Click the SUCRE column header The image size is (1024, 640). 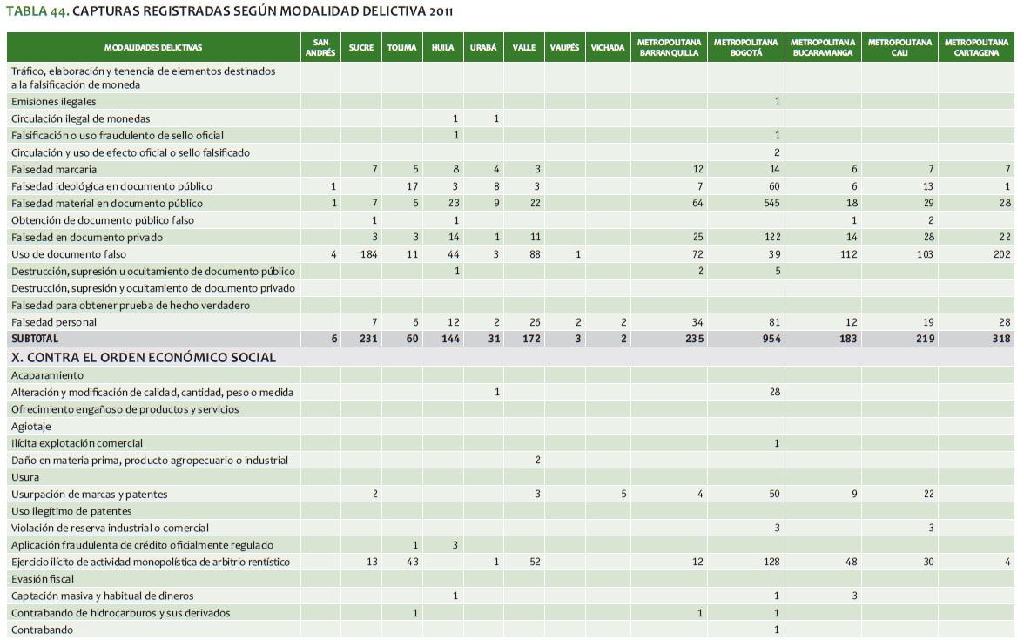pyautogui.click(x=360, y=48)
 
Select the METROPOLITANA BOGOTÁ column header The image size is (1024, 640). pyautogui.click(x=745, y=47)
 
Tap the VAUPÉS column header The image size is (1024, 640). pyautogui.click(x=564, y=48)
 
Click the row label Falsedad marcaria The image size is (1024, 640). pyautogui.click(x=54, y=169)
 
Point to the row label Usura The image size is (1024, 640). pyautogui.click(x=25, y=477)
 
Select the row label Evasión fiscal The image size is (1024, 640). pyautogui.click(x=43, y=579)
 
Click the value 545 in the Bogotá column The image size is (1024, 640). pyautogui.click(x=771, y=203)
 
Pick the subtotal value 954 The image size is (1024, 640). pyautogui.click(x=770, y=339)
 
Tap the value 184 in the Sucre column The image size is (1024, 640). pyautogui.click(x=367, y=254)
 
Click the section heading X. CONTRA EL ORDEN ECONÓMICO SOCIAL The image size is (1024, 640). pyautogui.click(x=144, y=357)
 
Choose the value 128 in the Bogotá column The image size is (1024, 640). pyautogui.click(x=771, y=562)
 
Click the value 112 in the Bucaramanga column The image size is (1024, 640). pyautogui.click(x=847, y=254)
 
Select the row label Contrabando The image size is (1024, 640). pyautogui.click(x=42, y=630)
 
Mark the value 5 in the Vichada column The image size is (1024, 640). pyautogui.click(x=623, y=494)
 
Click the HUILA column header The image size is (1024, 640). pyautogui.click(x=442, y=48)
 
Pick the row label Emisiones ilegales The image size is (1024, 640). pyautogui.click(x=53, y=101)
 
